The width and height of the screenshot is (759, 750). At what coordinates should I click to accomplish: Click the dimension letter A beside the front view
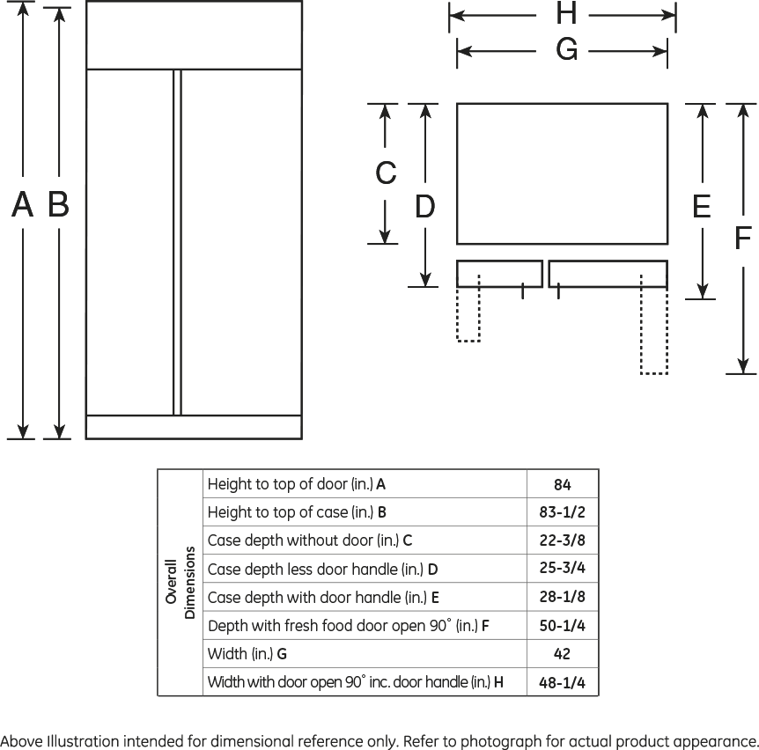(x=22, y=205)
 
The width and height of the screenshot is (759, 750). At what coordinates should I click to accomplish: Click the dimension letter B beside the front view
(x=58, y=205)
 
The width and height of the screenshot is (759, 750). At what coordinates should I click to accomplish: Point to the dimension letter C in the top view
(x=386, y=173)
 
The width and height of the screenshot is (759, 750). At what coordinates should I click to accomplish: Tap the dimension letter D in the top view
(x=424, y=207)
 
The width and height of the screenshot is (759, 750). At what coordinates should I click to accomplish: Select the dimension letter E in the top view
(x=701, y=207)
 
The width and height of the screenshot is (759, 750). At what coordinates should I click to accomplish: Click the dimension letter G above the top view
(x=566, y=51)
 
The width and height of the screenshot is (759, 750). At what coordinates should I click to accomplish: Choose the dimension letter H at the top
(x=566, y=14)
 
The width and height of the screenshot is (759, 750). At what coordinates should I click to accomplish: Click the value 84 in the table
(x=563, y=484)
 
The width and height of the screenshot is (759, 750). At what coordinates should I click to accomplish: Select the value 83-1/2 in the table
(x=563, y=512)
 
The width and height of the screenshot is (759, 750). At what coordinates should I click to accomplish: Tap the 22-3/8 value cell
(x=563, y=540)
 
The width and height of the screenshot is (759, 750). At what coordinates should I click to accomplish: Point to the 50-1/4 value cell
(x=563, y=626)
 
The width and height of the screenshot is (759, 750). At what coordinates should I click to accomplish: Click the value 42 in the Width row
(x=563, y=654)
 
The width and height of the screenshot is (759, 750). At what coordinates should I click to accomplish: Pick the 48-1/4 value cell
(x=563, y=682)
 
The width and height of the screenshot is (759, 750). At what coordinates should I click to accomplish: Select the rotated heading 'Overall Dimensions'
(x=181, y=583)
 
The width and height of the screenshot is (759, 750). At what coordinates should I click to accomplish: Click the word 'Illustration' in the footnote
(x=83, y=740)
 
